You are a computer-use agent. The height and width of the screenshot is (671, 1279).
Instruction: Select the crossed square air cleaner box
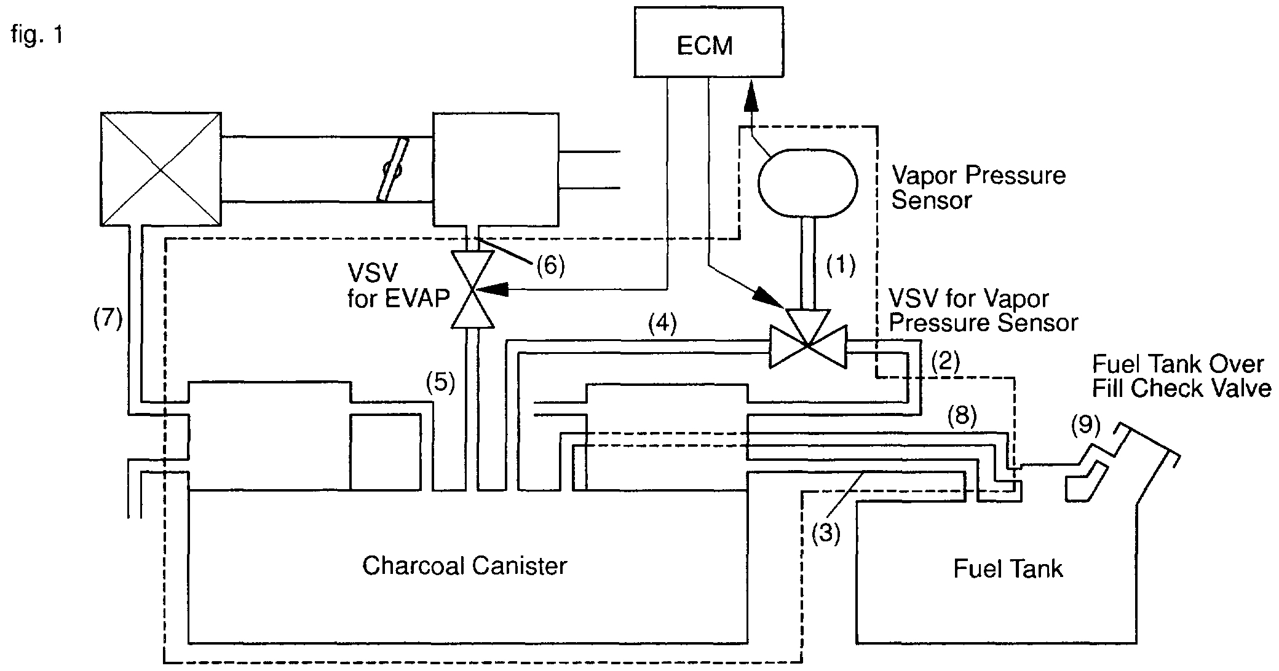point(160,168)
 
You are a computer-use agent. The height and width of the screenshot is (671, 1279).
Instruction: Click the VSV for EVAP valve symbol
point(472,289)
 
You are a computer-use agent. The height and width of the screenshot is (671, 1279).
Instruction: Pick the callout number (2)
point(945,361)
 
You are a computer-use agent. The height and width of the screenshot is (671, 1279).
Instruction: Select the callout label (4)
point(663,324)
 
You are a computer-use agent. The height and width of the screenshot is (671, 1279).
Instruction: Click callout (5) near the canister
point(440,383)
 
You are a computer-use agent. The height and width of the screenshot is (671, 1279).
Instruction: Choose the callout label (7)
point(108,319)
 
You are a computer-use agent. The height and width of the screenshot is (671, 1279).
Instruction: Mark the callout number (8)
point(962,416)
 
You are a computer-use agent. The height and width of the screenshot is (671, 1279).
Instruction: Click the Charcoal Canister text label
point(464,565)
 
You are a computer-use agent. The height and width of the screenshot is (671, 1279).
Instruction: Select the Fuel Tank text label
point(1008,568)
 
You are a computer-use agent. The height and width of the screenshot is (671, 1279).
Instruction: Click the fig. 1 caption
point(37,35)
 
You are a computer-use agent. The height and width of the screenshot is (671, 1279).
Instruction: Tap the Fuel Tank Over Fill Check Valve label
point(1181,376)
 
